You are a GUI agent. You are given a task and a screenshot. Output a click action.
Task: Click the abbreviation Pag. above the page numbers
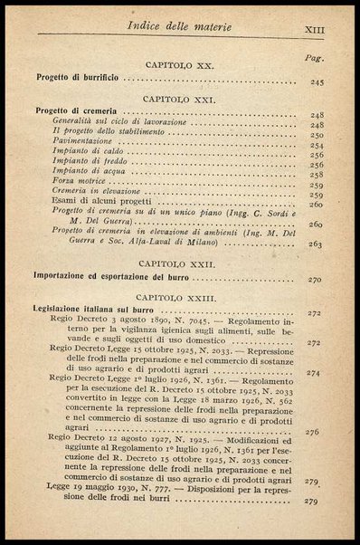coord(315,57)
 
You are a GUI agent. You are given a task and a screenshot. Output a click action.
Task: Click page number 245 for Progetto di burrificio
coord(316,82)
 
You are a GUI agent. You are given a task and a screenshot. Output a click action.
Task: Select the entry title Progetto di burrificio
coord(74,80)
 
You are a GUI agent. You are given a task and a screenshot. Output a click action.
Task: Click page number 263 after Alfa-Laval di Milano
coord(316,244)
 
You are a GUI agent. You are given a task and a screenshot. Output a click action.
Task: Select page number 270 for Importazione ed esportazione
coord(315,280)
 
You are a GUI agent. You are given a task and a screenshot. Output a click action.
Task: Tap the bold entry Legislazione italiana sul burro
coord(88,311)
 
